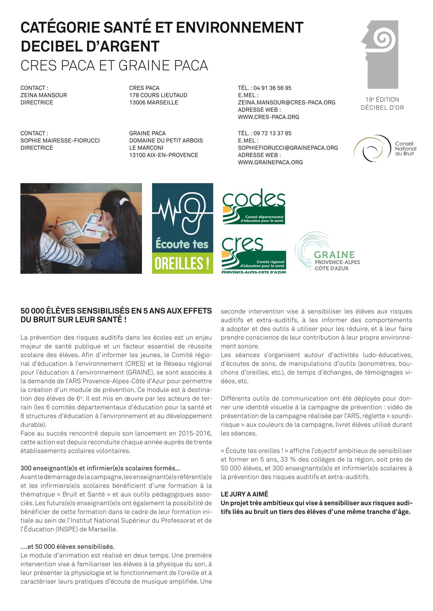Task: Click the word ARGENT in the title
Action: click(x=125, y=46)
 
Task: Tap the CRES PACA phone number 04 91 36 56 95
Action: click(x=272, y=88)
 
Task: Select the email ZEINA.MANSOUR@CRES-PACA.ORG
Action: click(x=286, y=102)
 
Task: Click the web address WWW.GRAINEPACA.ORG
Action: click(x=270, y=162)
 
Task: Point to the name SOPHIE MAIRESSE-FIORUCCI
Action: click(x=60, y=141)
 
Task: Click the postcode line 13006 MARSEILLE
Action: click(x=154, y=102)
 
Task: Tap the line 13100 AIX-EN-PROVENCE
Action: click(x=164, y=155)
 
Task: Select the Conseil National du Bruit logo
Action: click(x=385, y=148)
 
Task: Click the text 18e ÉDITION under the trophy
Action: click(x=382, y=100)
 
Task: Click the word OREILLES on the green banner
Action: click(x=179, y=263)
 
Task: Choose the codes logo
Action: click(x=254, y=206)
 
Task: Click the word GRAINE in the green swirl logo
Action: click(x=334, y=254)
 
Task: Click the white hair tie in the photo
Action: click(x=124, y=201)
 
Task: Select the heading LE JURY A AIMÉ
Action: click(x=244, y=494)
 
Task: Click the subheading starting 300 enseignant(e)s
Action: click(x=100, y=468)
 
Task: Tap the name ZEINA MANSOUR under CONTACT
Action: click(x=43, y=95)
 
